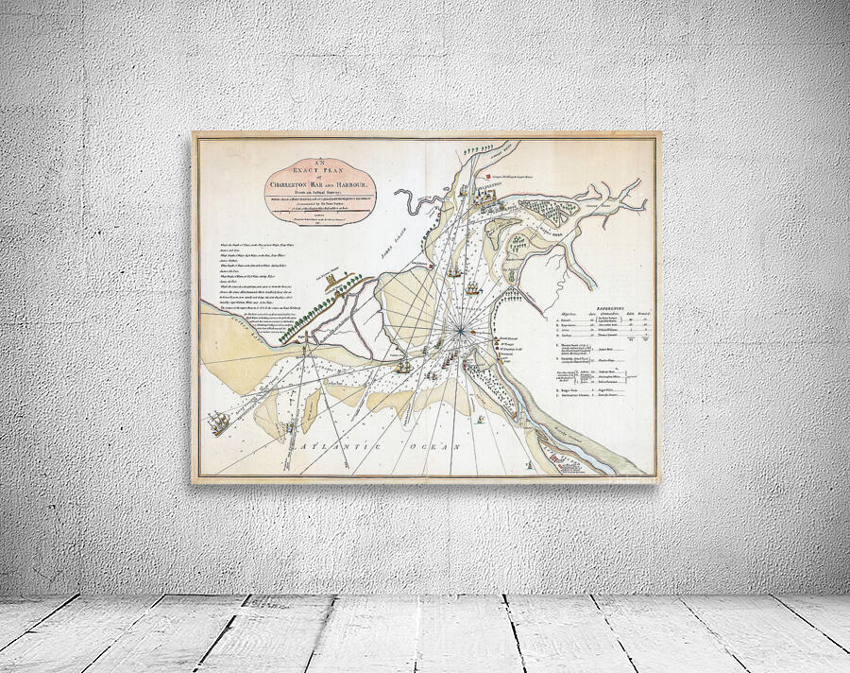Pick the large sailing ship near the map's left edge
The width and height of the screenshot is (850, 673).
click(219, 421)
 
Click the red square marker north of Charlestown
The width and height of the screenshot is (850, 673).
click(482, 176)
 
